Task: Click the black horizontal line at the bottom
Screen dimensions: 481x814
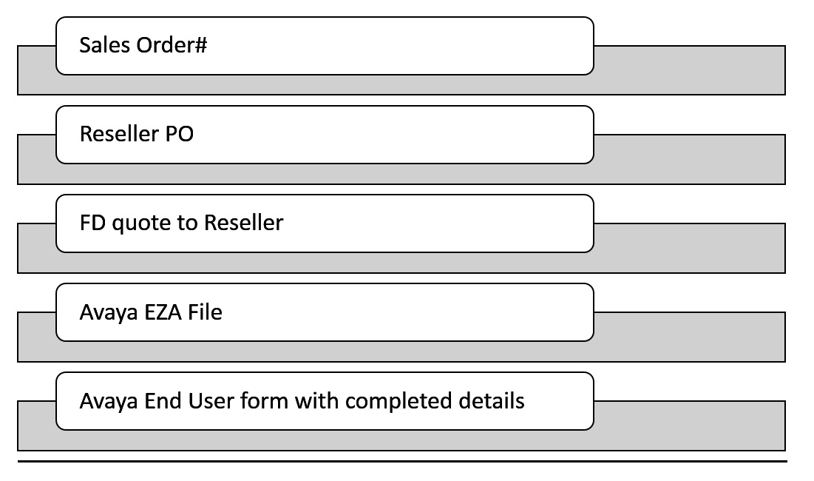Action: tap(402, 461)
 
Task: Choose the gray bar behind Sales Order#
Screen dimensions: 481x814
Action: tap(688, 70)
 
